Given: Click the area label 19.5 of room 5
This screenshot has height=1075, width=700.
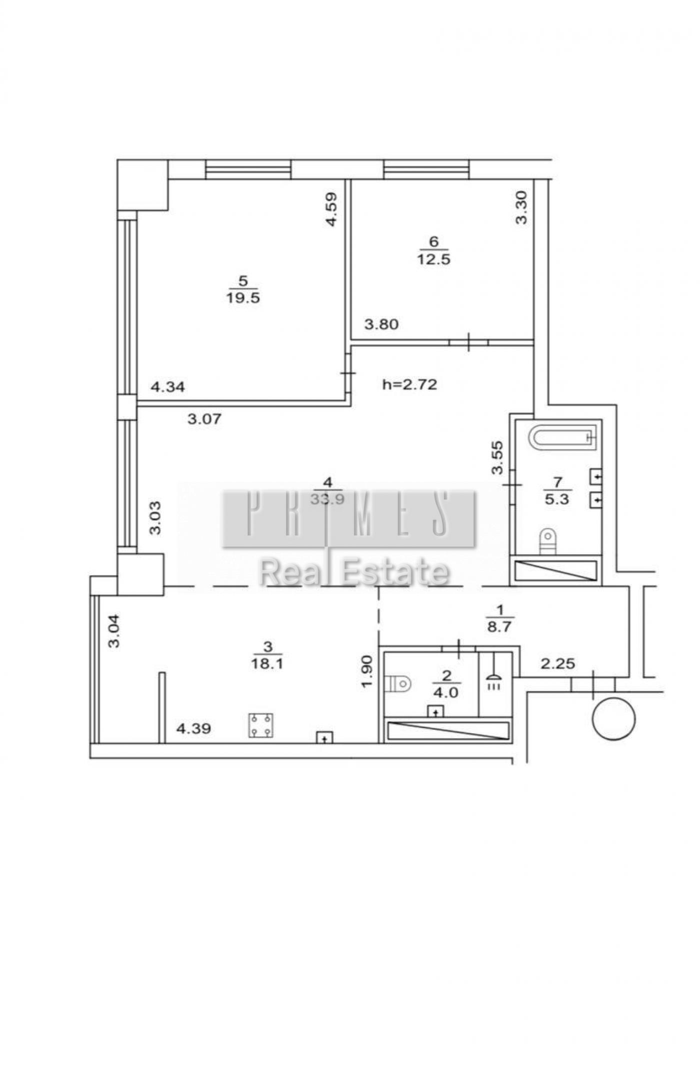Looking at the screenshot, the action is click(243, 298).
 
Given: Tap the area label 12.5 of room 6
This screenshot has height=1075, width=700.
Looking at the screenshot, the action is click(433, 259).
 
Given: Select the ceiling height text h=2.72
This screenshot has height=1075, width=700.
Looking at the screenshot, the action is click(409, 384).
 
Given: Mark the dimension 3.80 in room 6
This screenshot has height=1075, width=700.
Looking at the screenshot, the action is click(381, 325).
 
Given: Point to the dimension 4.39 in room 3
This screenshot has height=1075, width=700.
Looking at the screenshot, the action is click(193, 729).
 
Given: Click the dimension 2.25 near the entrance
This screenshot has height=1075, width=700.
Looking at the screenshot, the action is click(558, 664).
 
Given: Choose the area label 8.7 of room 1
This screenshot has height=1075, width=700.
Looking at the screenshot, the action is click(499, 627).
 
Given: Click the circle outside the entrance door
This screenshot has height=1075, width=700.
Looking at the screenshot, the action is click(613, 719).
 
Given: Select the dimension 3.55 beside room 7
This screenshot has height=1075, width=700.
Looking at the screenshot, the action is click(497, 457).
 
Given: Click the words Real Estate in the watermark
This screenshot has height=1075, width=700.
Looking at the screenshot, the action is click(354, 572).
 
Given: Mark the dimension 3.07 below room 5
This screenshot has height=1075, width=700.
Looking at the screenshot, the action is click(204, 419).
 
